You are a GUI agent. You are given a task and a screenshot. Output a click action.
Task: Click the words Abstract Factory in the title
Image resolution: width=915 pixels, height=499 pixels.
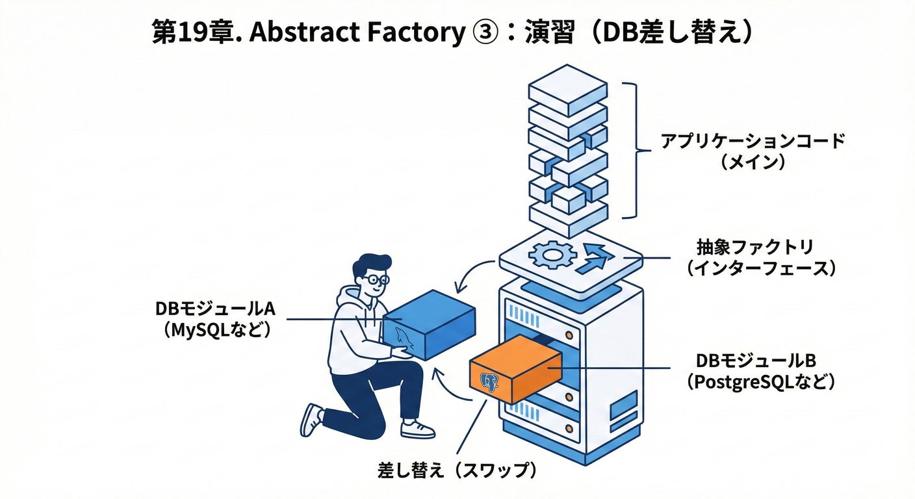pos(355,33)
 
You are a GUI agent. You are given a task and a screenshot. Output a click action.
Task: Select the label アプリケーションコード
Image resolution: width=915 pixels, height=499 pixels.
pos(753,141)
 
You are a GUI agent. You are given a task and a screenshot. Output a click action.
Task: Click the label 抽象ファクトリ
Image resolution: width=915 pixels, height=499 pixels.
pos(754,248)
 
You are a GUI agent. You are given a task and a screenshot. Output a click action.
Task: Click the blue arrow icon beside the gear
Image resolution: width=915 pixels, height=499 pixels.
pos(597,259)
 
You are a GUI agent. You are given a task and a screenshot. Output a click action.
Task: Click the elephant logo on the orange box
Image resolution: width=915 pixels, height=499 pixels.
pos(489,383)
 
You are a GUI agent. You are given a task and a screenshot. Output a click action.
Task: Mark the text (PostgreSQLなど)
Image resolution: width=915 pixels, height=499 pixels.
pos(760,382)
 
